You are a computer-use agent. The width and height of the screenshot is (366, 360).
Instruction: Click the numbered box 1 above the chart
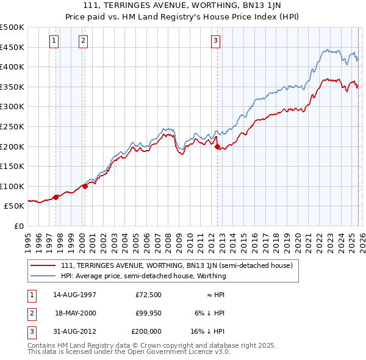tap(54, 41)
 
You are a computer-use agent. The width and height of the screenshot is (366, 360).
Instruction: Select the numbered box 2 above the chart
tap(83, 41)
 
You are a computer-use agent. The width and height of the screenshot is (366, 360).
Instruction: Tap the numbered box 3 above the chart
tap(216, 41)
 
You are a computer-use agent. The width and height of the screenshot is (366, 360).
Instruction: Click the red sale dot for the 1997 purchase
tap(56, 196)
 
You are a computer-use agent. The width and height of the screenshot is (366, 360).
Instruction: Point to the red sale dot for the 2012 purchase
tap(218, 146)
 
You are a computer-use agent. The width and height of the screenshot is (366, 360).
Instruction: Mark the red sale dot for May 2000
tap(85, 186)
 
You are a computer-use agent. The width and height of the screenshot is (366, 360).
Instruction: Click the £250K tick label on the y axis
tap(12, 126)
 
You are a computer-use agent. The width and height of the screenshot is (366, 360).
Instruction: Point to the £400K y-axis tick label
tap(12, 67)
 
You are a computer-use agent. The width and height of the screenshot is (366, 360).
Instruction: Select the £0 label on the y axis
tap(18, 226)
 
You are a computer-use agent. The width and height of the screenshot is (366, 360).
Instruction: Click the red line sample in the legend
tap(44, 265)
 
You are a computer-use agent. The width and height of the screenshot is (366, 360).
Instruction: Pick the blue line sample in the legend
tap(44, 276)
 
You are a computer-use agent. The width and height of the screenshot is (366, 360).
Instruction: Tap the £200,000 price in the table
tap(147, 331)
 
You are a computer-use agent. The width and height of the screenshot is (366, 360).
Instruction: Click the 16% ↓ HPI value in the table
tap(207, 331)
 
